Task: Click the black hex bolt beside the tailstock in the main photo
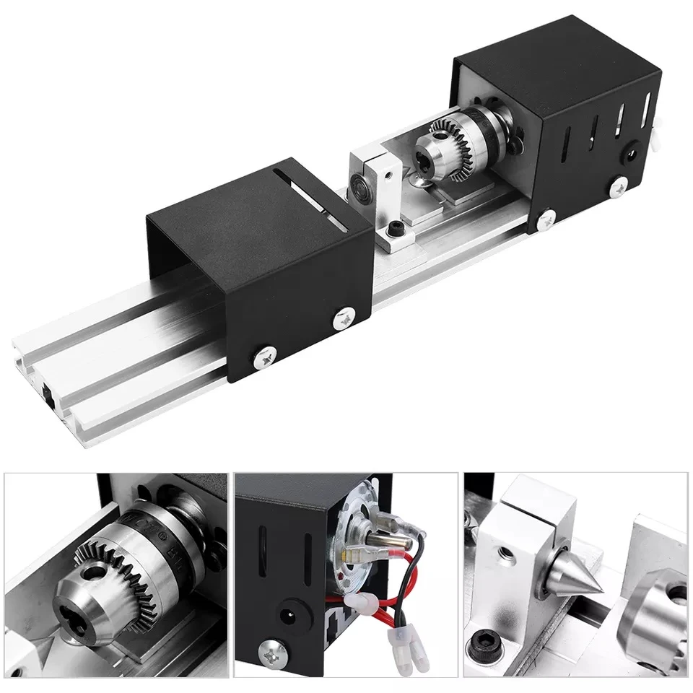pos(395,229)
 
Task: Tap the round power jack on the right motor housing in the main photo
pos(633,153)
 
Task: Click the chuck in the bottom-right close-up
pos(657,614)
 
